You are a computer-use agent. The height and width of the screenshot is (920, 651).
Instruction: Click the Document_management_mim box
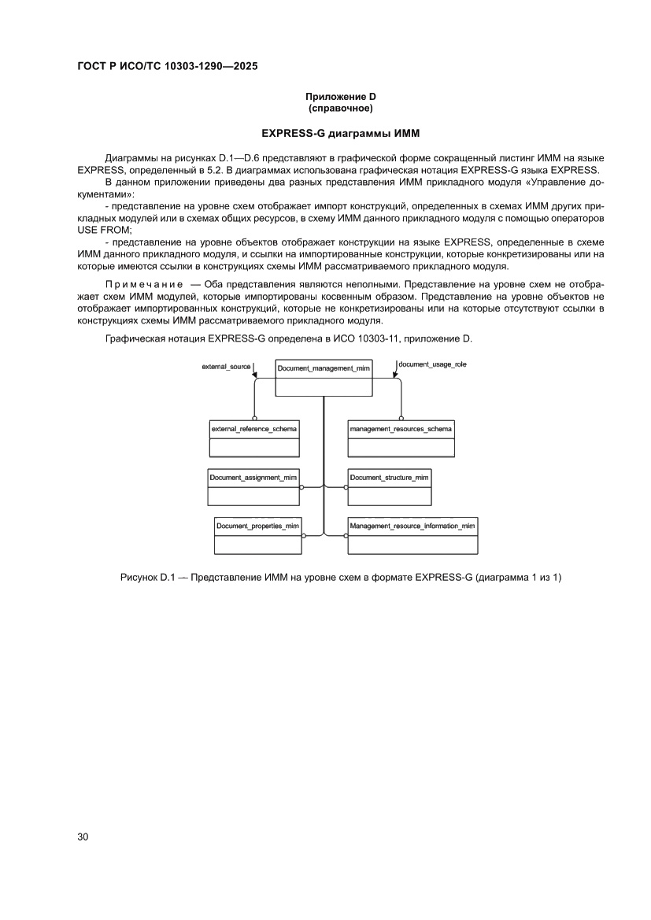pyautogui.click(x=324, y=378)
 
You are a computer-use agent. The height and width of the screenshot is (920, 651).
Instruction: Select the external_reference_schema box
pyautogui.click(x=254, y=438)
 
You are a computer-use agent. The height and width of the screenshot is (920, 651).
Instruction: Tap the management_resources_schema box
pyautogui.click(x=401, y=438)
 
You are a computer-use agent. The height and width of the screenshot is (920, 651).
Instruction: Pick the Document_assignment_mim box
pyautogui.click(x=253, y=487)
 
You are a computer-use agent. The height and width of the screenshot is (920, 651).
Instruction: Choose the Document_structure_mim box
pyautogui.click(x=389, y=487)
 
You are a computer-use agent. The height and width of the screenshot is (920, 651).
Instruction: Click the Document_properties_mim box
pyautogui.click(x=258, y=535)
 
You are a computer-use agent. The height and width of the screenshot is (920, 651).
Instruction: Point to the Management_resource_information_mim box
pyautogui.click(x=412, y=535)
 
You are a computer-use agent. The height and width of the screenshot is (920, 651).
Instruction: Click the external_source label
pyautogui.click(x=226, y=367)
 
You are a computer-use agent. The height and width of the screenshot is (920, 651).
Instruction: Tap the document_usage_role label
pyautogui.click(x=432, y=364)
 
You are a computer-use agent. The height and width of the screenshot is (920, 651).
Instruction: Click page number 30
pyautogui.click(x=83, y=837)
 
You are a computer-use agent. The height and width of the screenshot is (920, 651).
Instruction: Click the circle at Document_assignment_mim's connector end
pyautogui.click(x=301, y=487)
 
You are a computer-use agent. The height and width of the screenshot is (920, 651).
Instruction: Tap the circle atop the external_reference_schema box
pyautogui.click(x=254, y=417)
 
